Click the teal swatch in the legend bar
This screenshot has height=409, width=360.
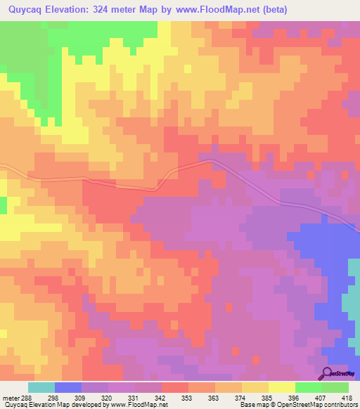41,387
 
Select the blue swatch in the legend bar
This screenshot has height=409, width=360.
68,387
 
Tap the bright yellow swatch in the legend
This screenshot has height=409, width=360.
281,387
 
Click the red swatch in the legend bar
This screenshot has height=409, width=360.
174,387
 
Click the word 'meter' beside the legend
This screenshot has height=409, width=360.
11,398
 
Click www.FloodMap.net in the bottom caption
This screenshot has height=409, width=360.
138,405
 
